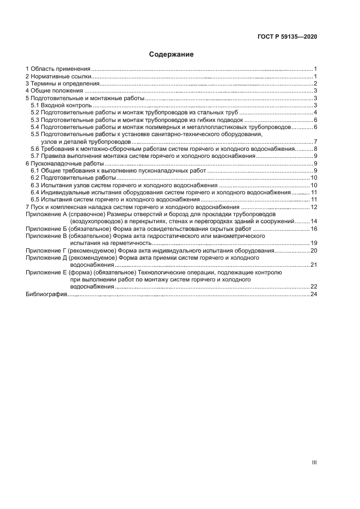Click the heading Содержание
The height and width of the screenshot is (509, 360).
tap(172, 54)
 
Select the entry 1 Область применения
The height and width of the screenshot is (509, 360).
tap(58, 69)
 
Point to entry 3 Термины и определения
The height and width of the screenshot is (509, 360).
tap(62, 84)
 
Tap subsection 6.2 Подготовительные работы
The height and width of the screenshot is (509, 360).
tap(73, 178)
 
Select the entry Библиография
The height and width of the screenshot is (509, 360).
tap(46, 294)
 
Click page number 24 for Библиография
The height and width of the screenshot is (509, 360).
tap(314, 294)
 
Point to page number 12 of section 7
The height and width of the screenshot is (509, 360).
tap(314, 207)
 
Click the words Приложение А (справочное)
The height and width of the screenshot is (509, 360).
tap(64, 214)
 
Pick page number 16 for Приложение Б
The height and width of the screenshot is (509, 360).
tap(314, 229)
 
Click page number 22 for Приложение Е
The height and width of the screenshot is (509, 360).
tap(314, 286)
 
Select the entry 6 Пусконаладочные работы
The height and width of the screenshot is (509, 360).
tap(64, 163)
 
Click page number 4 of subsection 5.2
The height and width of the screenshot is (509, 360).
tap(315, 113)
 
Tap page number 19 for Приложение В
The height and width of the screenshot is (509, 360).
tap(314, 243)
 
